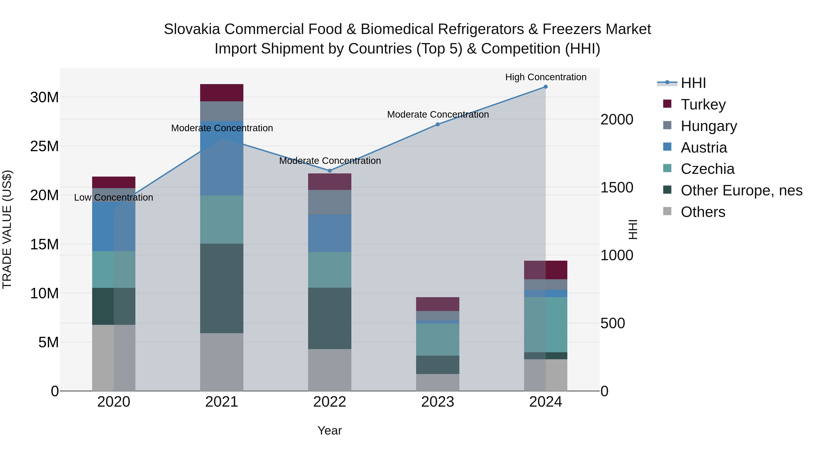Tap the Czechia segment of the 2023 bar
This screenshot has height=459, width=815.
[438, 339]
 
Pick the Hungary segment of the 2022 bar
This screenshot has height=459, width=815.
[330, 202]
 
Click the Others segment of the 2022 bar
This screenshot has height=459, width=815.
[330, 370]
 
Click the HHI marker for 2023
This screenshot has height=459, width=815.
[438, 124]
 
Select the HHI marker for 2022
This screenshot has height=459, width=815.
[330, 171]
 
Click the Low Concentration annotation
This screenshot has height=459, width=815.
[114, 198]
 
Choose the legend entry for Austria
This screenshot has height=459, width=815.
[704, 148]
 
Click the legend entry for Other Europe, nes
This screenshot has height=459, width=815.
[741, 191]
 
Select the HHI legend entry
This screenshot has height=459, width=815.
[693, 83]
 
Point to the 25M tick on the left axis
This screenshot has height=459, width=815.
[44, 146]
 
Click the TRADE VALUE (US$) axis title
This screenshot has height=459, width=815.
[7, 229]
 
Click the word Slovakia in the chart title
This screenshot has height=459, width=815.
[192, 29]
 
